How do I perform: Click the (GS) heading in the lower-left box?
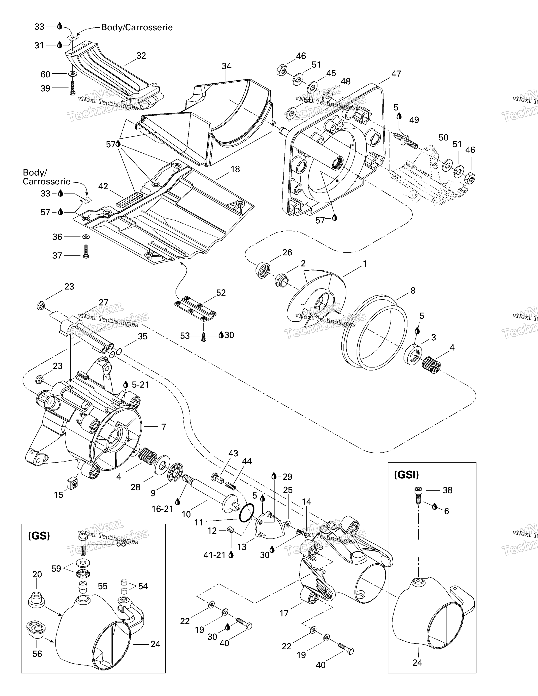[39, 536]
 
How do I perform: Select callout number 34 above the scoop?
[226, 66]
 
